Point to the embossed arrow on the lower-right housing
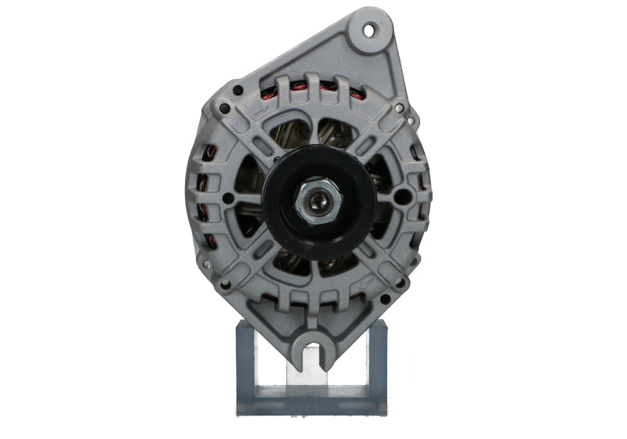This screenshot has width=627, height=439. tap(367, 279)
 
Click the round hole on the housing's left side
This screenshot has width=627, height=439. tap(227, 198)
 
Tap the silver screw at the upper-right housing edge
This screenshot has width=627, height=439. tap(399, 107)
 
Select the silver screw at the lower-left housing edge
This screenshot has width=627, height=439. tap(207, 265)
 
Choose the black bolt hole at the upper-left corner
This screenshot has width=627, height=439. tap(226, 110)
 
